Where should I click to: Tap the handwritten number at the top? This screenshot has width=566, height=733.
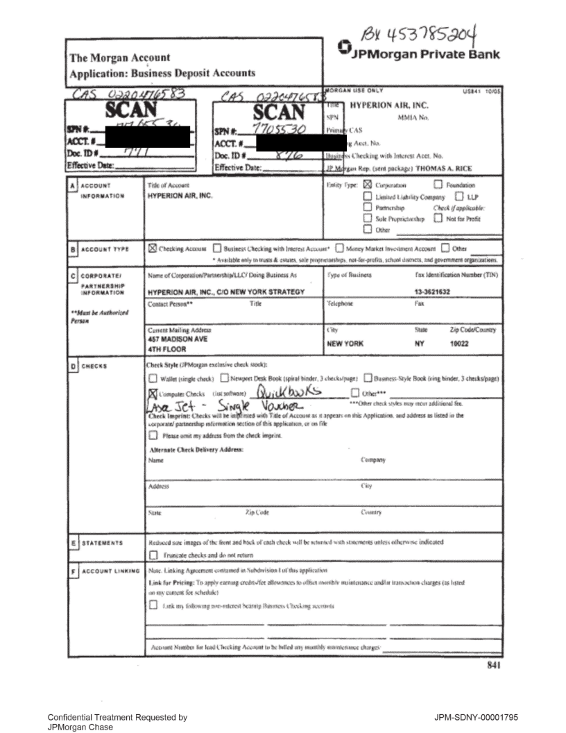pyautogui.click(x=407, y=26)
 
